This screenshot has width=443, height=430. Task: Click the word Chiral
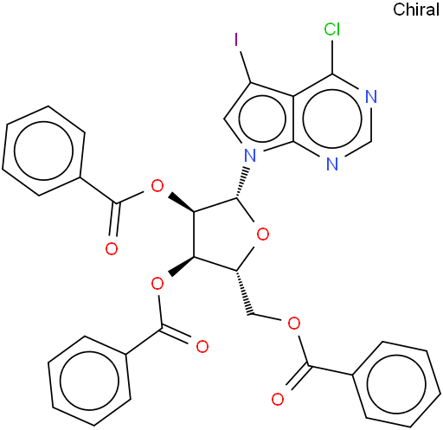[416, 10]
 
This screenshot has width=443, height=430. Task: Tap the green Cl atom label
[332, 29]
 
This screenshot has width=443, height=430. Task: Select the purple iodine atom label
[236, 40]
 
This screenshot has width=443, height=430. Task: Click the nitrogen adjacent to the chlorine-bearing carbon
[371, 97]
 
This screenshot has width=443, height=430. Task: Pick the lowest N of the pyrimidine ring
[332, 164]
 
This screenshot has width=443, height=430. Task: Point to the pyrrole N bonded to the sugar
[250, 155]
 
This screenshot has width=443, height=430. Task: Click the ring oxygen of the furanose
[263, 234]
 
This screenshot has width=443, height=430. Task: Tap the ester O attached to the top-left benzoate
[157, 186]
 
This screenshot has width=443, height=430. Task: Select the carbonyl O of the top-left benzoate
[112, 248]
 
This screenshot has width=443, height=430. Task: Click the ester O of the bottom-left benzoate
[157, 284]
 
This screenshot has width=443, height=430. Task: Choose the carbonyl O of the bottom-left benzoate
[202, 346]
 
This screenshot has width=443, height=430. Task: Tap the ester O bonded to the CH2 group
[294, 324]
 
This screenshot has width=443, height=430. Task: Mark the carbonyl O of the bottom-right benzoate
[278, 400]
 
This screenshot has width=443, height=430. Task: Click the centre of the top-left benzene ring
[43, 151]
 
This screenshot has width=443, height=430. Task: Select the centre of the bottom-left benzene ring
[89, 381]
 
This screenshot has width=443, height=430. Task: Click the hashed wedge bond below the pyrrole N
[242, 183]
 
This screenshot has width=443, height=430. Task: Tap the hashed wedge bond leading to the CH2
[245, 292]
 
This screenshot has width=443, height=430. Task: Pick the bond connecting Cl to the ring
[332, 56]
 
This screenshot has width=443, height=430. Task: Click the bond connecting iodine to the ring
[245, 67]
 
